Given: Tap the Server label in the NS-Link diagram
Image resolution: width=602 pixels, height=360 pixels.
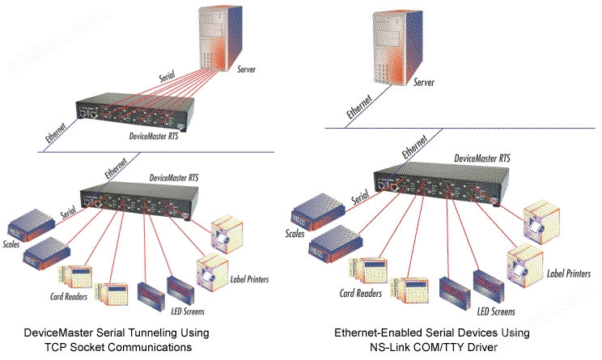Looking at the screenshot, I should click(x=426, y=83).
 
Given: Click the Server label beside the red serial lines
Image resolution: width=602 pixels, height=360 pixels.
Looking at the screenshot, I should click(x=247, y=70).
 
